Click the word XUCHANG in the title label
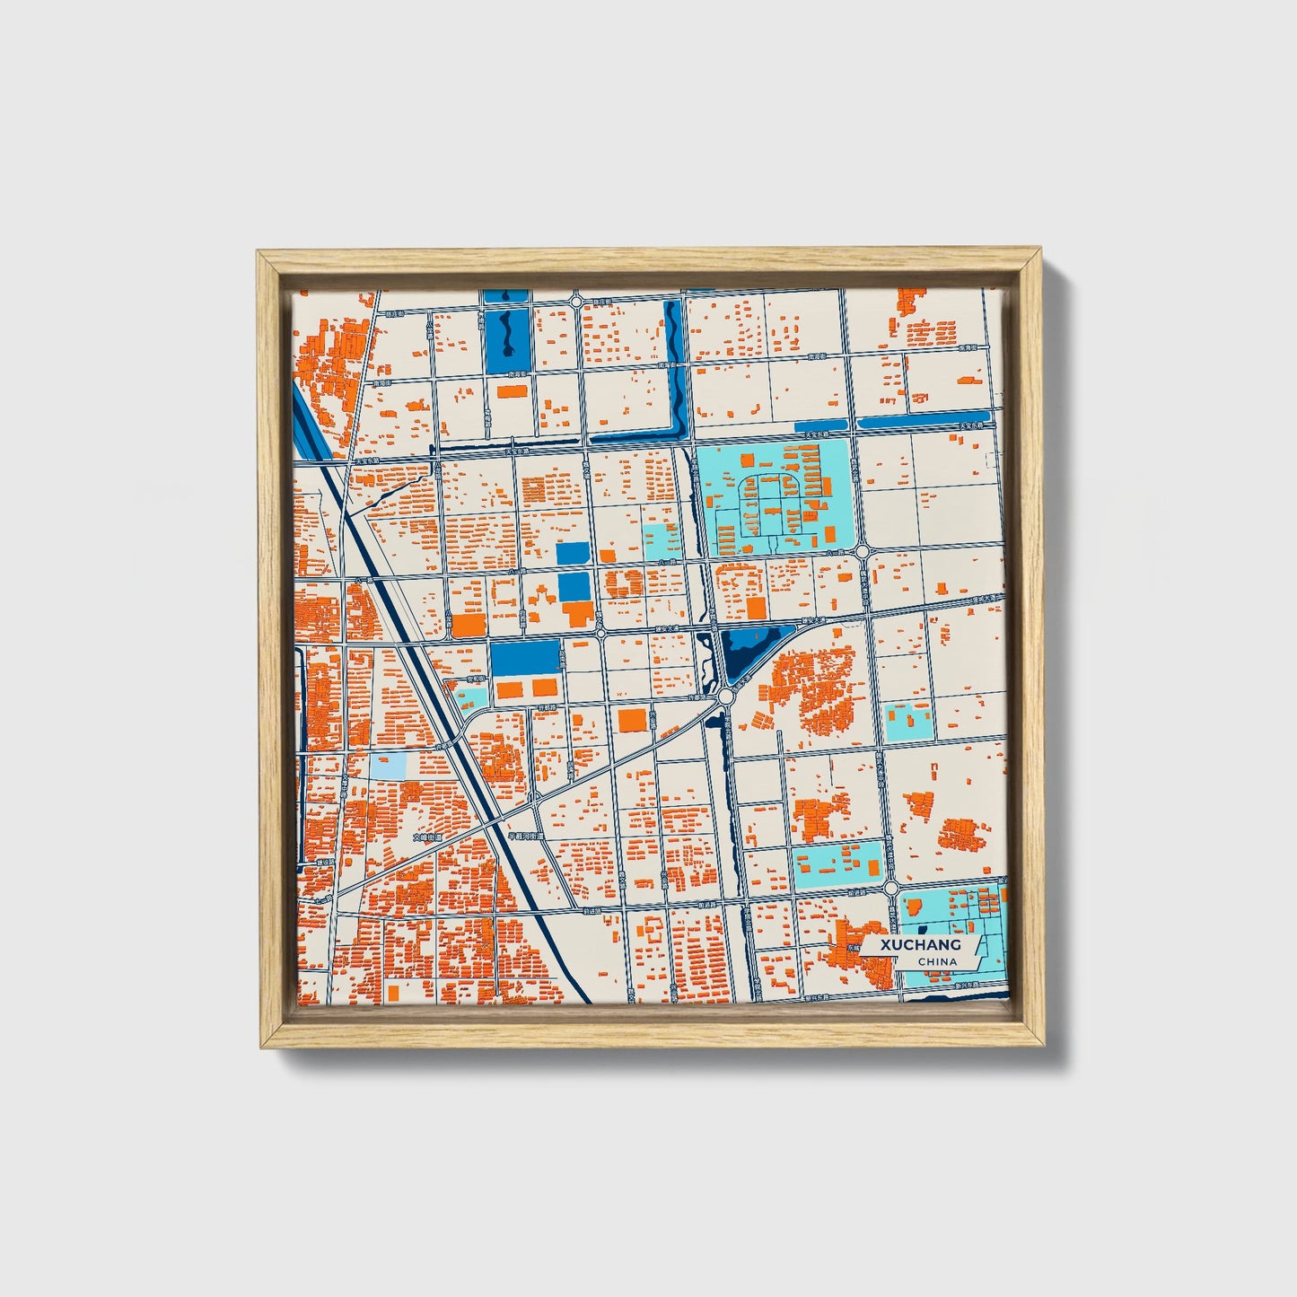(x=920, y=945)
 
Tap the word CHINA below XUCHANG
(x=937, y=961)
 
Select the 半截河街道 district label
(x=527, y=837)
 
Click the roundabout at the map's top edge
(x=575, y=302)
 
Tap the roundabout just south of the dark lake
(x=725, y=696)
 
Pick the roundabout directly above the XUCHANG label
(x=890, y=888)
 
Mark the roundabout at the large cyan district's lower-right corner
(x=863, y=551)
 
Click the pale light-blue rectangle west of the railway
(x=387, y=766)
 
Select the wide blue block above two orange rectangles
(x=524, y=658)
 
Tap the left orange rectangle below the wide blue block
(x=509, y=689)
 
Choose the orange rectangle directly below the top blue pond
(x=512, y=391)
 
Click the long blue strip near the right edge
(x=925, y=420)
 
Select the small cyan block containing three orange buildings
(x=908, y=721)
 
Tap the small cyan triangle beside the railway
(x=472, y=696)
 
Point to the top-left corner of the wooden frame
(x=259, y=253)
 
